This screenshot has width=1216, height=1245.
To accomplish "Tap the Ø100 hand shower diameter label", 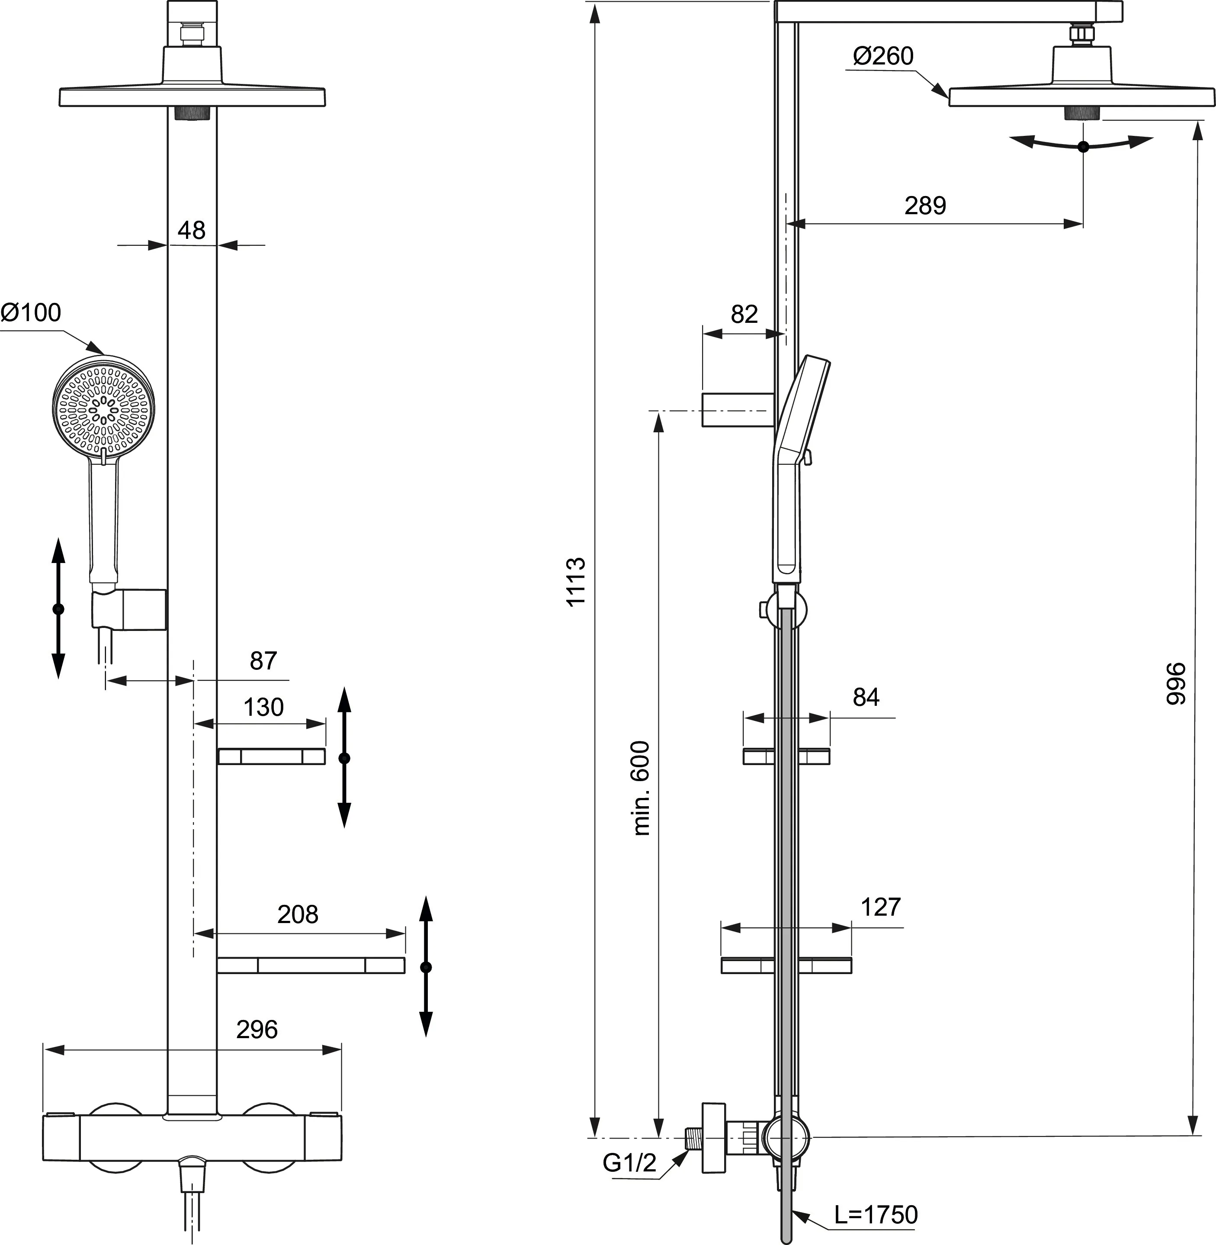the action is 31,312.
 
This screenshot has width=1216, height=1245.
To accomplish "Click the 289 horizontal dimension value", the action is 925,205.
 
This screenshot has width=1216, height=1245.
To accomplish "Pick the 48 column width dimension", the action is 192,230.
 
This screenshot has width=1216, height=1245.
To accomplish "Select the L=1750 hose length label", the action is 876,1214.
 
